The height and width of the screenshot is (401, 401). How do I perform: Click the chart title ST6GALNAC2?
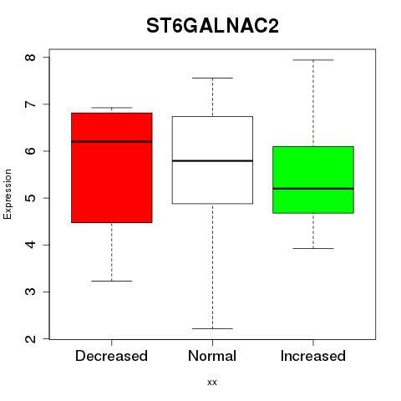pyautogui.click(x=212, y=26)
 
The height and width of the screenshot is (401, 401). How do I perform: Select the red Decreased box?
pyautogui.click(x=112, y=168)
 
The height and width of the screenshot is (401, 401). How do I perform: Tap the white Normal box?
pyautogui.click(x=212, y=160)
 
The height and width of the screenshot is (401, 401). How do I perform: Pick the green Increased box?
pyautogui.click(x=313, y=180)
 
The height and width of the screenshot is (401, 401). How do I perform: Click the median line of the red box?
pyautogui.click(x=112, y=141)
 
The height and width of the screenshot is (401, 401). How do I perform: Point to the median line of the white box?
pyautogui.click(x=212, y=161)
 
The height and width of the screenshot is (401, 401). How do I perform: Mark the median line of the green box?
pyautogui.click(x=313, y=189)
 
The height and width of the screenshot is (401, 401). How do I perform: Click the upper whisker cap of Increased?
pyautogui.click(x=313, y=60)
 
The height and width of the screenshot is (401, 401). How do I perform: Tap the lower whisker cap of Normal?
pyautogui.click(x=212, y=329)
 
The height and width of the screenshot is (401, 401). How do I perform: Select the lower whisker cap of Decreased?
pyautogui.click(x=112, y=282)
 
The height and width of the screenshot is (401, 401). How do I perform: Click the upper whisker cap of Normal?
pyautogui.click(x=212, y=79)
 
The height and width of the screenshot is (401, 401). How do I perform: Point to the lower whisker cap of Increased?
pyautogui.click(x=313, y=248)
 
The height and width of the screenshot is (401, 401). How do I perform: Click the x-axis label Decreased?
pyautogui.click(x=111, y=356)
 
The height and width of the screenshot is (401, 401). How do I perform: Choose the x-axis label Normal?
pyautogui.click(x=212, y=356)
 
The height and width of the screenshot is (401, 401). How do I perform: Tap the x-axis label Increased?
pyautogui.click(x=313, y=356)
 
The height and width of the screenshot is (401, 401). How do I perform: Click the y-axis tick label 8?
pyautogui.click(x=31, y=58)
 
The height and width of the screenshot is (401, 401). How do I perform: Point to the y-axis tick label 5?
pyautogui.click(x=31, y=198)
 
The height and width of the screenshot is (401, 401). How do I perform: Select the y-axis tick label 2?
pyautogui.click(x=31, y=339)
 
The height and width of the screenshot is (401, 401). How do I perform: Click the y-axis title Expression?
pyautogui.click(x=8, y=194)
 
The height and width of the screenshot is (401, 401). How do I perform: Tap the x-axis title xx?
pyautogui.click(x=212, y=383)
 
